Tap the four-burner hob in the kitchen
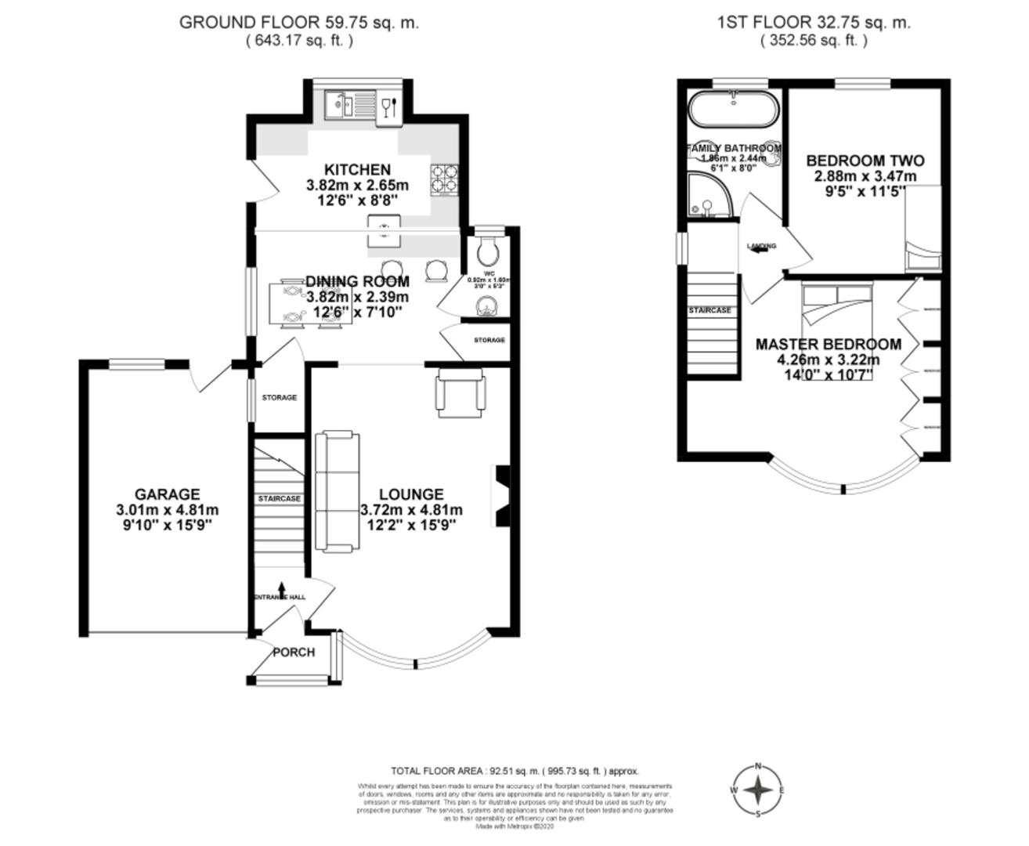443,179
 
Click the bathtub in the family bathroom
733,110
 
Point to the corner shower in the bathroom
707,196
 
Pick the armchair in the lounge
460,392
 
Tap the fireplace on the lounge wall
500,497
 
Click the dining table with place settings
291,304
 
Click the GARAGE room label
167,494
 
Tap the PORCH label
294,653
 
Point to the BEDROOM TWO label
854,161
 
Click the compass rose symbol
757,790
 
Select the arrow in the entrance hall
282,589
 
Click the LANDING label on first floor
761,247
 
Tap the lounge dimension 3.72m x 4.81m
411,510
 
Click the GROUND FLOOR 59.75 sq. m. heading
298,23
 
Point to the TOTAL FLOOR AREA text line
514,771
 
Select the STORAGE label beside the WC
489,340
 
